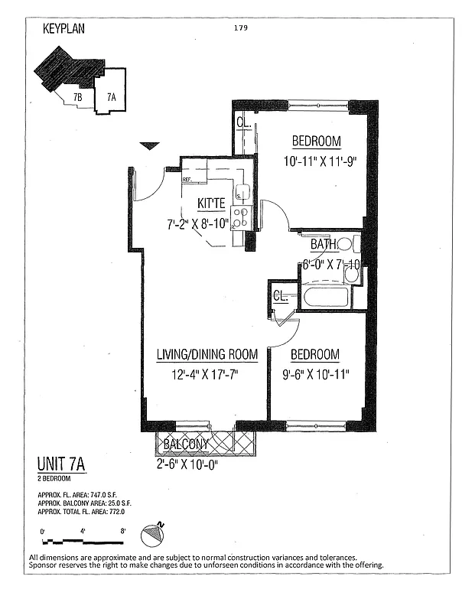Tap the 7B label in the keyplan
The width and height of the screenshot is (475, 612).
[77, 97]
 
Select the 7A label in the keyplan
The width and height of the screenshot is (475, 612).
[112, 97]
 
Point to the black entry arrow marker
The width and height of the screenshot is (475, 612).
[150, 145]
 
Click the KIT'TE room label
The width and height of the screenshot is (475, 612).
[211, 203]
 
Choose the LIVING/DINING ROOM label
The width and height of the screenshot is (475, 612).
[207, 355]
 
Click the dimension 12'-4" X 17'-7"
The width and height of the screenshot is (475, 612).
[207, 376]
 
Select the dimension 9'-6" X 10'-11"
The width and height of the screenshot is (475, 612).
[314, 376]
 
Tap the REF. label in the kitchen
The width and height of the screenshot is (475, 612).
[187, 181]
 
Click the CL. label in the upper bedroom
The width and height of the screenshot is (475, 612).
[242, 122]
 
